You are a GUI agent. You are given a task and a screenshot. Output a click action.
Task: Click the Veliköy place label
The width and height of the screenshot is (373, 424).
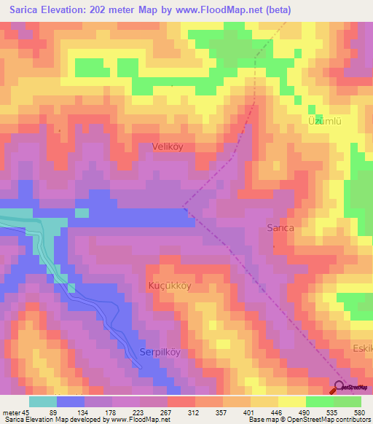pyautogui.click(x=168, y=146)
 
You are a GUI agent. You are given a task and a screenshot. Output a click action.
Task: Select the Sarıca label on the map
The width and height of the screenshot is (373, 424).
pyautogui.click(x=280, y=227)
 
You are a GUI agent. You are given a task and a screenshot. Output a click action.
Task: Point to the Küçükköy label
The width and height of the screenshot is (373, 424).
pyautogui.click(x=170, y=286)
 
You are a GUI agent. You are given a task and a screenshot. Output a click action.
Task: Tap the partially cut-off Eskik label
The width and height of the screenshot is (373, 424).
pyautogui.click(x=362, y=348)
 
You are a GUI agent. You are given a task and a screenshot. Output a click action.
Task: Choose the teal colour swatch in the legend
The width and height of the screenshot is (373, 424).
pyautogui.click(x=43, y=401)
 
